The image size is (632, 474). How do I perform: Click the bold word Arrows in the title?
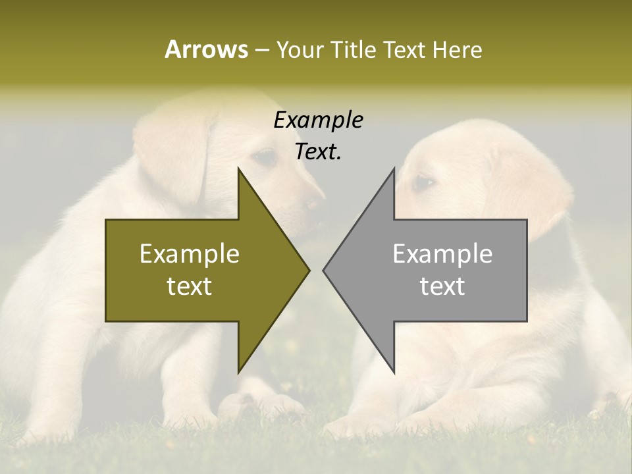[206, 49]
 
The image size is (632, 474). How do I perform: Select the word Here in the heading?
[457, 49]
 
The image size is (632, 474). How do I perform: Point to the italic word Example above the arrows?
[318, 120]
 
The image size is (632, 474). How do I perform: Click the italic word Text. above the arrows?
[318, 151]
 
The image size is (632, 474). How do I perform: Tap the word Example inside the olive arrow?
[190, 254]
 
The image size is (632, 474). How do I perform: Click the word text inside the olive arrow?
[190, 286]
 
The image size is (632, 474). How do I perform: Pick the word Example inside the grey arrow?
[442, 254]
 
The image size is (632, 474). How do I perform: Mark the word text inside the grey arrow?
[442, 286]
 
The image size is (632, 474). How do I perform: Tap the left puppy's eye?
[265, 157]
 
